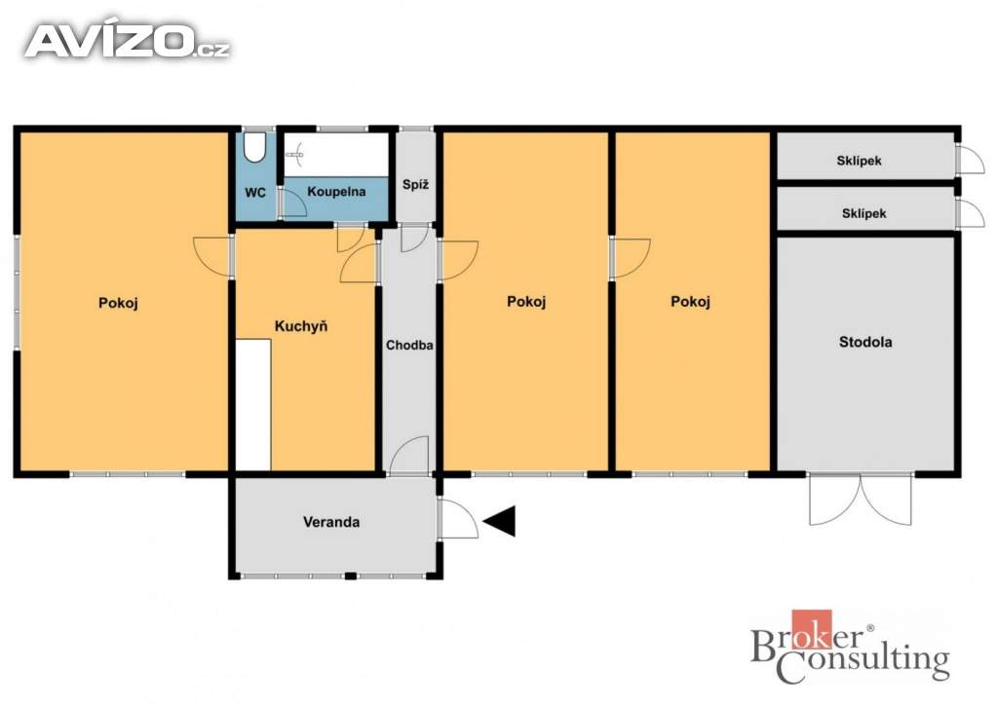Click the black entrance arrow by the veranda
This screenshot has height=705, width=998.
(x=500, y=521)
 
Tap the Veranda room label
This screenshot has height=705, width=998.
(x=331, y=522)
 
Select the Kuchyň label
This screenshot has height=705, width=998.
(x=301, y=326)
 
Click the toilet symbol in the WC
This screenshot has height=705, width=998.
(x=255, y=147)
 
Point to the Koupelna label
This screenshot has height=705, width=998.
(x=336, y=192)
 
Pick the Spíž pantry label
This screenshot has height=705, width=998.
(x=415, y=185)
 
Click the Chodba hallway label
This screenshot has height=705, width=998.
(x=409, y=345)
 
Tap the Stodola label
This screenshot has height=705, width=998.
(x=865, y=342)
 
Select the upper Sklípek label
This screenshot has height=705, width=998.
(x=860, y=161)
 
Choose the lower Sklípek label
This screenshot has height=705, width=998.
(x=864, y=213)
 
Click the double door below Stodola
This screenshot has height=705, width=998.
(x=860, y=500)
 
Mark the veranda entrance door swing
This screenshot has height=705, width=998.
(x=458, y=518)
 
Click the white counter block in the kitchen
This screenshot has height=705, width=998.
(x=253, y=405)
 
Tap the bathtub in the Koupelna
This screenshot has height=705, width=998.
(x=336, y=155)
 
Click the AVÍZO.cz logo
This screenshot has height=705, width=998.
(x=127, y=41)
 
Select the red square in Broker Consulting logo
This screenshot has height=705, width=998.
(x=812, y=629)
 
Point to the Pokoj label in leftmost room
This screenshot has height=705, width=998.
(x=118, y=303)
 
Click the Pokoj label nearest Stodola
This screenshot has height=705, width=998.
(x=691, y=301)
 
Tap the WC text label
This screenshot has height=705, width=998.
(x=255, y=192)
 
